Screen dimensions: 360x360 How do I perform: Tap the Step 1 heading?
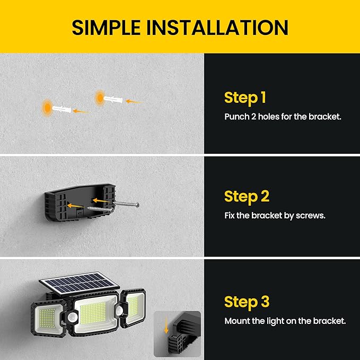245,98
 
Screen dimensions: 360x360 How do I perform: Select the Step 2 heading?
247,196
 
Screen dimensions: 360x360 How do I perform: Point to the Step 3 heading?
247,302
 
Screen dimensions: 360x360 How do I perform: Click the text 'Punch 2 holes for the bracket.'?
283,116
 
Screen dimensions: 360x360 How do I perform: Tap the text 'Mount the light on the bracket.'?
285,321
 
